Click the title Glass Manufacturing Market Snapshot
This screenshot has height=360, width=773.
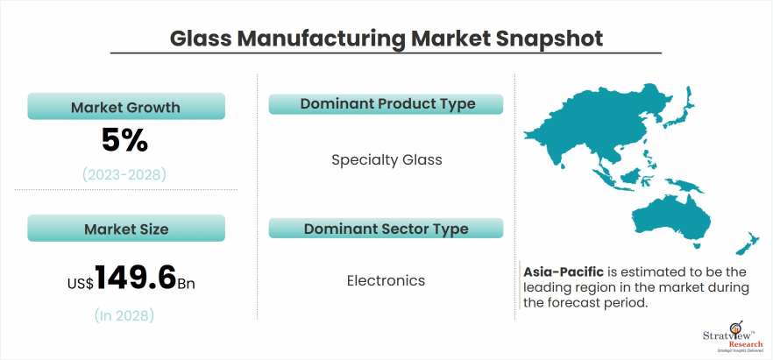(386, 39)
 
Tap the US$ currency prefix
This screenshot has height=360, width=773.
(81, 284)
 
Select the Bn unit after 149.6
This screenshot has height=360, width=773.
(187, 284)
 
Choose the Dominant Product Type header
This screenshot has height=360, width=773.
(386, 103)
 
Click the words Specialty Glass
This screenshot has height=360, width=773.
(386, 160)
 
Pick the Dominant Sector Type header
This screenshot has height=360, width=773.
(386, 229)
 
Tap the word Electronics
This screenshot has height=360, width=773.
(386, 281)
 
